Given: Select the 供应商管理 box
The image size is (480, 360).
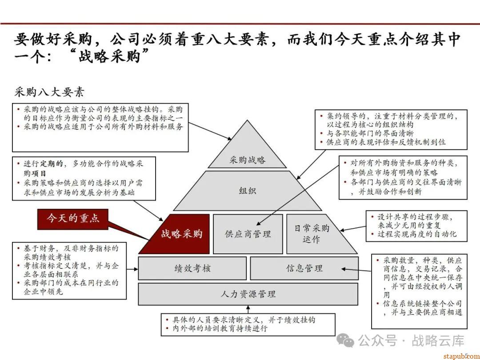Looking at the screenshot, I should [248, 234].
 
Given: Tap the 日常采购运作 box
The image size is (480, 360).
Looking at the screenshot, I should [312, 234].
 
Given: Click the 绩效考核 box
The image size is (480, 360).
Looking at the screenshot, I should [192, 268].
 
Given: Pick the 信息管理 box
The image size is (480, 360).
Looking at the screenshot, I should [304, 268].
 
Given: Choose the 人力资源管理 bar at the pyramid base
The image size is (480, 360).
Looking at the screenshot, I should [248, 294].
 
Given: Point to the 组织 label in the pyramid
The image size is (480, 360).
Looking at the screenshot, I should [248, 191].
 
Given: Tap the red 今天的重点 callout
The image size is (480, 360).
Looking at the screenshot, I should [73, 218].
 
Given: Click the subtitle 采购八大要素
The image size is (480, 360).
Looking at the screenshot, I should [49, 92].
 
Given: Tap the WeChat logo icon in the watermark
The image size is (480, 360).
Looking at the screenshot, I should [346, 341].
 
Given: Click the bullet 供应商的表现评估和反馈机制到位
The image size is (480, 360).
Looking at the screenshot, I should [386, 142].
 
